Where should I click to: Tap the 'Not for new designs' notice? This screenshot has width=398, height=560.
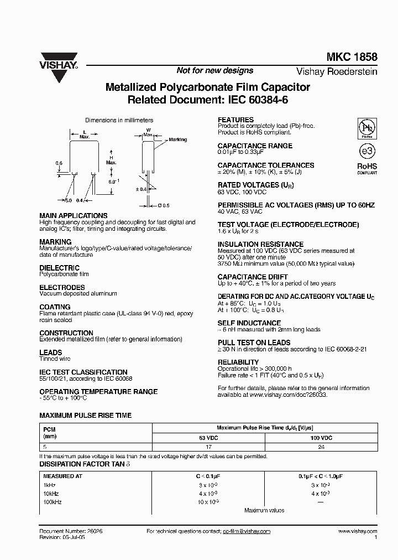click(214, 71)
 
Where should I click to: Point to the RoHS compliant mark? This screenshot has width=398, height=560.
click(366, 168)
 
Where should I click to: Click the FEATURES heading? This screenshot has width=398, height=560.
click(235, 120)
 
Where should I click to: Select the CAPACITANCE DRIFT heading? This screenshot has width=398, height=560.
click(252, 277)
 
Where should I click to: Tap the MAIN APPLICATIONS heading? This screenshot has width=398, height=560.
click(73, 215)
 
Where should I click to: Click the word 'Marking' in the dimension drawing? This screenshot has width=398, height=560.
click(177, 140)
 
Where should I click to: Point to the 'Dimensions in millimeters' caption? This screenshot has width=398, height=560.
click(119, 120)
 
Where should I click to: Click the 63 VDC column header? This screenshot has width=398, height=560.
click(208, 437)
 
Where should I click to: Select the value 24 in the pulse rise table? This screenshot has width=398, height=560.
click(321, 447)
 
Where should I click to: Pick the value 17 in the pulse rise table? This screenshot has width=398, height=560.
click(208, 447)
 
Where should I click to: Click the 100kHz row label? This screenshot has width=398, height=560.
click(53, 501)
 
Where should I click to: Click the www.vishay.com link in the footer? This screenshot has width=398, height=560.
click(357, 531)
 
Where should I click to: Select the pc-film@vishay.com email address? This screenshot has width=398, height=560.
click(247, 531)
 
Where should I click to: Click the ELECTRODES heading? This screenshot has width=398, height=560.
click(62, 288)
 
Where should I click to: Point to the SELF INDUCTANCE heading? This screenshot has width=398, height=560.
click(249, 323)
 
